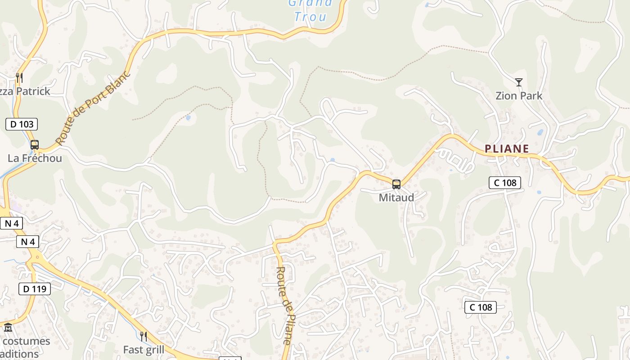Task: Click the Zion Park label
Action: (519, 96)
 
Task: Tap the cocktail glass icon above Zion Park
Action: (519, 82)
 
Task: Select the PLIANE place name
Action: (507, 148)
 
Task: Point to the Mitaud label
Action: (396, 198)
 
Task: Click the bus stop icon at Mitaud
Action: (396, 184)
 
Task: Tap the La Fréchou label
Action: (35, 158)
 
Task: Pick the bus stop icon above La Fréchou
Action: (35, 145)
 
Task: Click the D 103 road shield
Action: (22, 124)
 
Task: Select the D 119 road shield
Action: (35, 289)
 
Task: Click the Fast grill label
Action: (144, 350)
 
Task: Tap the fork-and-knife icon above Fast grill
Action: (144, 336)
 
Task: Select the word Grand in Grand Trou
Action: (310, 3)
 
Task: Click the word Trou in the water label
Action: (310, 17)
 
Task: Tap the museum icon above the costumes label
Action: (8, 328)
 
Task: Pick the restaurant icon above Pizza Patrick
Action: (19, 78)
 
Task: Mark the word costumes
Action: (26, 341)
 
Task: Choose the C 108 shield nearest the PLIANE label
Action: (505, 182)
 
